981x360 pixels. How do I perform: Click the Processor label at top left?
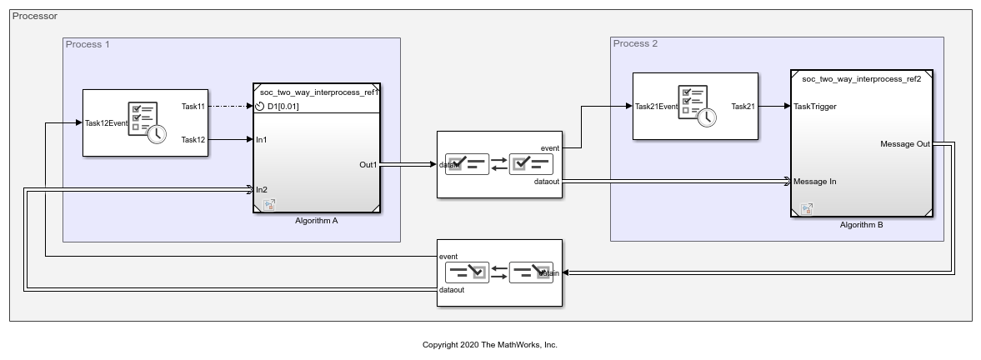click(x=35, y=16)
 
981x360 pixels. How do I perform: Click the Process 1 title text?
click(x=88, y=44)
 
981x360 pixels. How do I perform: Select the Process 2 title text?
click(x=635, y=43)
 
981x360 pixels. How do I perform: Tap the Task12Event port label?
click(x=106, y=123)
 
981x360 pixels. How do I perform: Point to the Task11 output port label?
click(x=193, y=107)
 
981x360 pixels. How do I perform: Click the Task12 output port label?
click(x=193, y=139)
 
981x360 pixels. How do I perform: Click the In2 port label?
click(x=262, y=189)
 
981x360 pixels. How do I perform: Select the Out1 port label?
click(x=368, y=164)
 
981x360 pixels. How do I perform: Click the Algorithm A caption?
click(x=317, y=221)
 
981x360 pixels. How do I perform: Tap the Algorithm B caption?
click(x=861, y=224)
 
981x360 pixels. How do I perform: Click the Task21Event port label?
click(x=656, y=107)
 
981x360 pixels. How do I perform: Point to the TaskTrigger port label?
click(x=815, y=107)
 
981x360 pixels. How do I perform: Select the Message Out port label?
click(x=905, y=144)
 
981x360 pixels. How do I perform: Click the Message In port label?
click(x=815, y=181)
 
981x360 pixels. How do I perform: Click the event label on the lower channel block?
click(x=448, y=257)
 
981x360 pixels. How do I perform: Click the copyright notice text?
click(x=490, y=344)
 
